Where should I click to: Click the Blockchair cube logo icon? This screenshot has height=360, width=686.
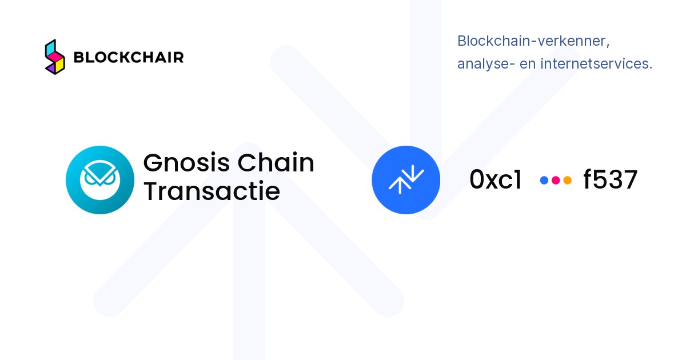click(x=55, y=57)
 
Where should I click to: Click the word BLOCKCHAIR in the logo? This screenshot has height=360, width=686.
click(x=129, y=57)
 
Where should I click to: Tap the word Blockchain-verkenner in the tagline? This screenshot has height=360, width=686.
click(x=533, y=41)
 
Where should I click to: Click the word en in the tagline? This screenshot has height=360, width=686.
click(x=528, y=65)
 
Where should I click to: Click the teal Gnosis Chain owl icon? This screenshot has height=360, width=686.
click(x=100, y=180)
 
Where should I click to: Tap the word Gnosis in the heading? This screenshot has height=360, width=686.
click(x=186, y=163)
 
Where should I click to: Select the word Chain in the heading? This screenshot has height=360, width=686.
click(x=276, y=162)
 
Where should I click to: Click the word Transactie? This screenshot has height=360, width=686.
click(x=212, y=191)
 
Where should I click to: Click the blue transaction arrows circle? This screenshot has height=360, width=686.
click(x=406, y=180)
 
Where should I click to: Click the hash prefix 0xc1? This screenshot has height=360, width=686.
click(x=496, y=179)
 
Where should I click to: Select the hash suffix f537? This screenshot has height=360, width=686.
click(x=611, y=179)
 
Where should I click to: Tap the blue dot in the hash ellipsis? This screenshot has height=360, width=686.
click(x=544, y=181)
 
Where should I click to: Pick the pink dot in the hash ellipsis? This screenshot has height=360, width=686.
click(x=556, y=181)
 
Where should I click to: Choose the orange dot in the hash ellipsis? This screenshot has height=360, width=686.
click(x=568, y=181)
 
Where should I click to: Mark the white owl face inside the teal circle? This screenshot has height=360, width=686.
click(x=100, y=180)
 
